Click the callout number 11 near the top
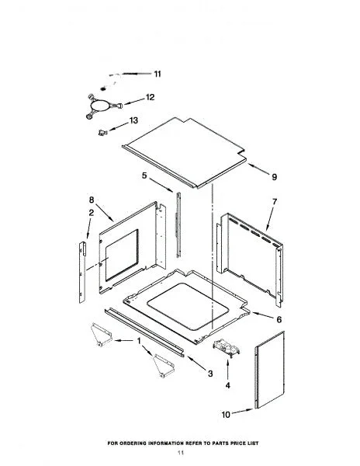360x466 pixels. coord(157,74)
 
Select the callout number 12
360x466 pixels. coord(150,97)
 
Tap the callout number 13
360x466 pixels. coord(133,120)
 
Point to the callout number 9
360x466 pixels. coord(274,177)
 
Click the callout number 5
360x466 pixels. coord(144,176)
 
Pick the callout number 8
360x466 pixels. coord(92,200)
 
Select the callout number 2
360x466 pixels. coord(91,213)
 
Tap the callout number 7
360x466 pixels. coord(275,201)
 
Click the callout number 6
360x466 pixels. coord(279,320)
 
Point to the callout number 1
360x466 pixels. coord(139,341)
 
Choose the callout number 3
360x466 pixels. coord(210,374)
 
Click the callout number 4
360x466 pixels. coord(227,385)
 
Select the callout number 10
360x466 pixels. coord(226,414)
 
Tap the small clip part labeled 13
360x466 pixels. coord(102,132)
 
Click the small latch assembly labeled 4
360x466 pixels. coord(226,347)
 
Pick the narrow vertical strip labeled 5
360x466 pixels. coord(178,224)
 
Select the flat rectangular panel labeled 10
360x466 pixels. coord(269,370)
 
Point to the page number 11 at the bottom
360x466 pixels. coord(181,453)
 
